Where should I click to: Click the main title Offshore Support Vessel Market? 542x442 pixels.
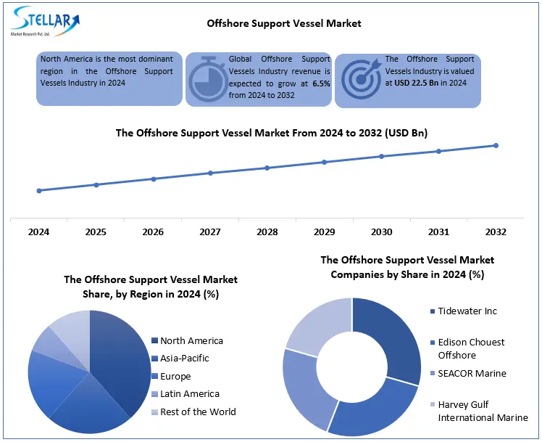click(283, 23)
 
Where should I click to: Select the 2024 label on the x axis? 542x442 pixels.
click(38, 232)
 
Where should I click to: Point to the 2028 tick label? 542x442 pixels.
click(267, 232)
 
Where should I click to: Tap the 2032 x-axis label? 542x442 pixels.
click(496, 232)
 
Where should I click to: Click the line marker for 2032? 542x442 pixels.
click(496, 145)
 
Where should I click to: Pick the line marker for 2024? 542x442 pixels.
click(38, 191)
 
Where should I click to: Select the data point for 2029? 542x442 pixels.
click(324, 162)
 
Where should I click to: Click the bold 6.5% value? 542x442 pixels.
click(320, 83)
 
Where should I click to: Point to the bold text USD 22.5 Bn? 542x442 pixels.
click(422, 83)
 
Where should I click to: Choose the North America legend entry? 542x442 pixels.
click(191, 340)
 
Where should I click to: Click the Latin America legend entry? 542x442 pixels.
click(189, 393)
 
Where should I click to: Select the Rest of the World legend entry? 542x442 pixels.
click(198, 412)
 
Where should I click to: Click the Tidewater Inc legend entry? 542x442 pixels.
click(467, 311)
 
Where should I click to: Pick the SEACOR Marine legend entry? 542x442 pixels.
click(472, 373)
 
